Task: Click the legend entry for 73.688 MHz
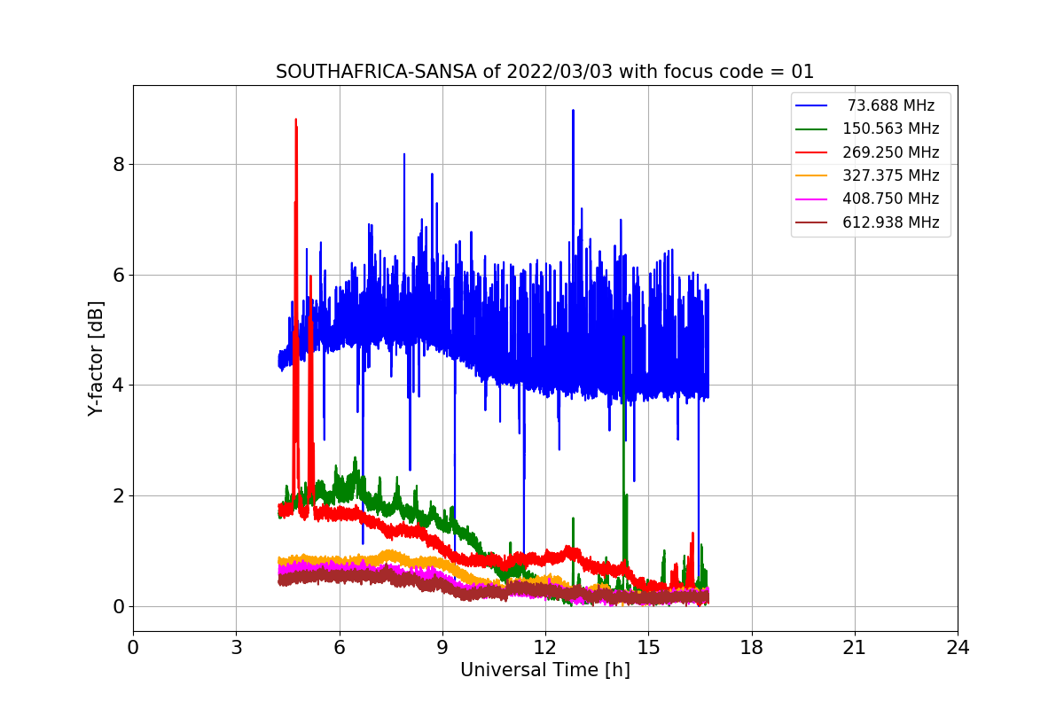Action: tap(866, 105)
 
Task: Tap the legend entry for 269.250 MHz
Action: tap(868, 152)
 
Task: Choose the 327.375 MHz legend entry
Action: tap(868, 175)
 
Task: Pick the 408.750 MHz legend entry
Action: tap(868, 199)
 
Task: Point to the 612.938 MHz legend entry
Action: tap(868, 222)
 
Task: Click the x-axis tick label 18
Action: tap(752, 648)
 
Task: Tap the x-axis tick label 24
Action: tap(958, 648)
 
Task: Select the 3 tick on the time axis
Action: tap(237, 648)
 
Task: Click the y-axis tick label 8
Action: tap(119, 165)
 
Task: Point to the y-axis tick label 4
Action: tap(119, 386)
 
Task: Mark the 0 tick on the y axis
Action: tap(119, 607)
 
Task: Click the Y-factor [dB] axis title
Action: tap(96, 359)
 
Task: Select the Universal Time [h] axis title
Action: tap(545, 670)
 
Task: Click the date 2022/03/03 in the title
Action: tap(559, 72)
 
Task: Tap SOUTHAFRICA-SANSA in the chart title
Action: tap(376, 72)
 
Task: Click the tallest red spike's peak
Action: tap(296, 119)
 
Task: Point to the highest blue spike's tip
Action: tap(574, 110)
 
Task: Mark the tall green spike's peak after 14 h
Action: tap(623, 337)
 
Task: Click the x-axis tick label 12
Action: tap(545, 648)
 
